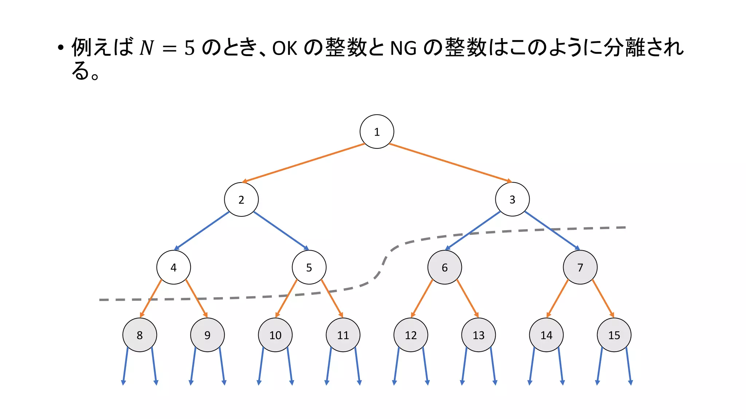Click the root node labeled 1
coord(377,132)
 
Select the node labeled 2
coord(241,199)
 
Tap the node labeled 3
coord(512,199)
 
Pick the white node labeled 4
coord(173,267)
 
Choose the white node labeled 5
coord(309,267)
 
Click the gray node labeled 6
coord(444,267)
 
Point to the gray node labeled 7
coord(580,267)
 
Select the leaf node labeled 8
coord(140,335)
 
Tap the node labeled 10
coord(275,335)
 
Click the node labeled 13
coord(478,335)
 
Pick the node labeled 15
coord(614,335)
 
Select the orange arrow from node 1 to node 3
coord(450,163)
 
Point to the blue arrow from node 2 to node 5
coord(281,230)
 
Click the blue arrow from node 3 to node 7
coord(552,230)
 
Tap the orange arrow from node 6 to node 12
coord(422,298)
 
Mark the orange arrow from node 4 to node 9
coord(196,298)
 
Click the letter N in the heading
coord(147,48)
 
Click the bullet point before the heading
coord(60,48)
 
